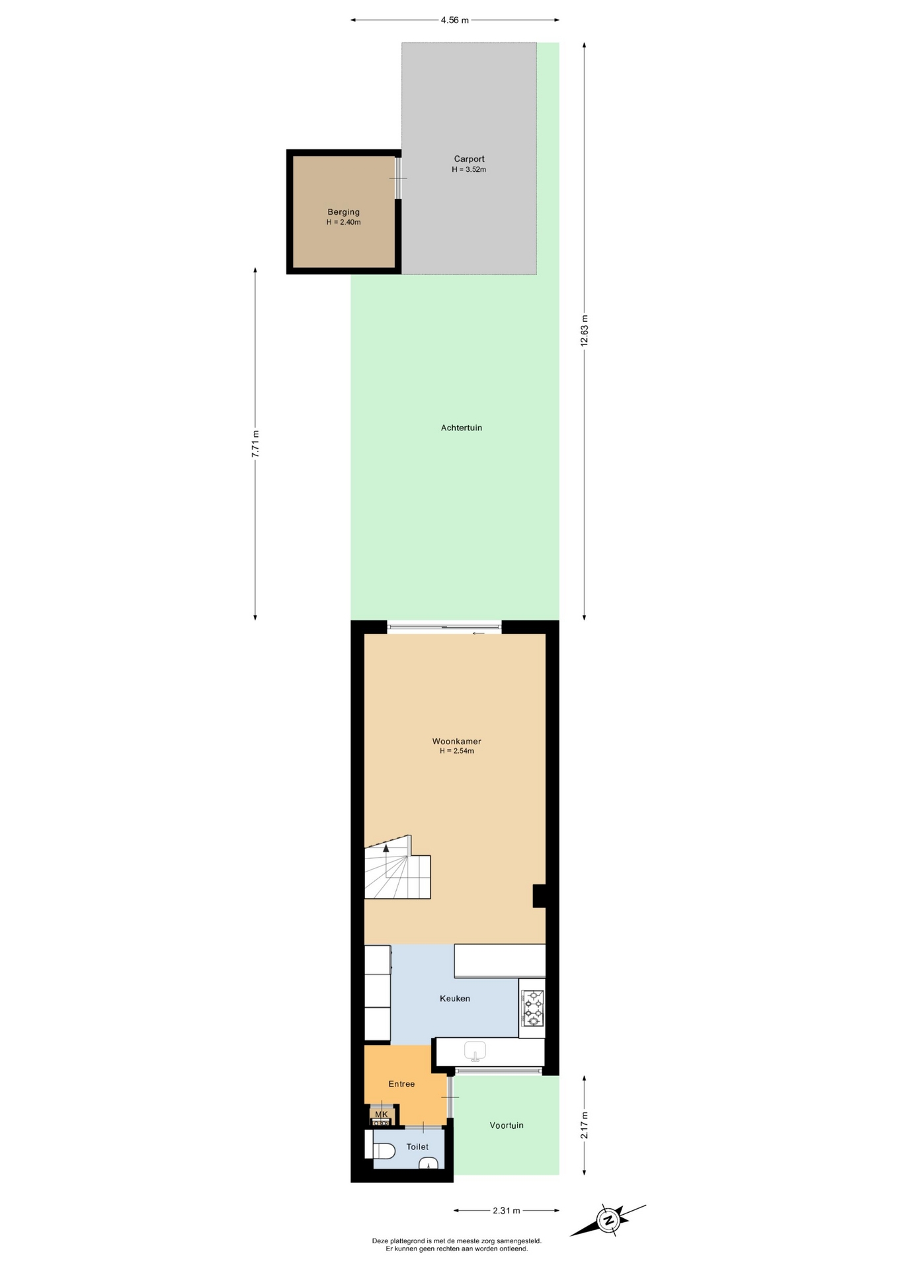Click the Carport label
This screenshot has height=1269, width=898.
(469, 159)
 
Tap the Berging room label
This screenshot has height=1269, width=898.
(343, 212)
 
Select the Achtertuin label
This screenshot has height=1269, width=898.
(462, 428)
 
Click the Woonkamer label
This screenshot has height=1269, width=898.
(456, 741)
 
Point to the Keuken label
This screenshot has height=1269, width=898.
(455, 998)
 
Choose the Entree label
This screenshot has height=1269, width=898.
(401, 1083)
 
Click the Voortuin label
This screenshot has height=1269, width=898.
(507, 1125)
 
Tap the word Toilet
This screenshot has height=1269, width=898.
(417, 1147)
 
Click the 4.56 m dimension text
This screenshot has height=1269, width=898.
(455, 20)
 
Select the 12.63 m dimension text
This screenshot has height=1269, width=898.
(584, 330)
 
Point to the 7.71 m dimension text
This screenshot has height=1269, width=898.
(255, 443)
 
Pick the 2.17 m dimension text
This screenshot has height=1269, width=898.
(584, 1125)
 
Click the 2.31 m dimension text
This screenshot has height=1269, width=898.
(507, 1210)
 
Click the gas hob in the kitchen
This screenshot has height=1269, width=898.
(533, 1008)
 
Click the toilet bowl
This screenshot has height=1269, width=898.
(383, 1151)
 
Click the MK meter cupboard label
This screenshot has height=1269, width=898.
(382, 1114)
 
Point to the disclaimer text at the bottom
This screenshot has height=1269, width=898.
(456, 1245)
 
